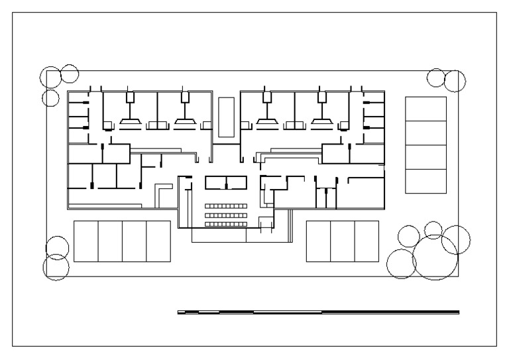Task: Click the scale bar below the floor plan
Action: tap(318, 312)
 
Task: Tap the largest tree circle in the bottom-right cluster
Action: tap(435, 257)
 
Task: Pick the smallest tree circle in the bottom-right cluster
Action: tap(433, 229)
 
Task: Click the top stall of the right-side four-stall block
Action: tap(425, 109)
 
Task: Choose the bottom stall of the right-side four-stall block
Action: tap(425, 181)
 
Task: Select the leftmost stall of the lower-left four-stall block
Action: tap(85, 241)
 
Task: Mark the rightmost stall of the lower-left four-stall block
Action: tap(158, 241)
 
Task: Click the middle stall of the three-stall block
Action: tap(342, 241)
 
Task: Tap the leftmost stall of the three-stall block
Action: tap(318, 241)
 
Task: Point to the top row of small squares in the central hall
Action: tap(225, 206)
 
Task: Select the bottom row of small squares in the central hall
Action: tap(225, 224)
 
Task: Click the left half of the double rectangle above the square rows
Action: tap(215, 182)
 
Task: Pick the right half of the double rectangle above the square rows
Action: tap(237, 182)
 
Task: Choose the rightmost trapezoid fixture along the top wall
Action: tap(323, 123)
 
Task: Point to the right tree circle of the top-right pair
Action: tap(455, 81)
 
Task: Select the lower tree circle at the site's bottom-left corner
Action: tap(56, 267)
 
